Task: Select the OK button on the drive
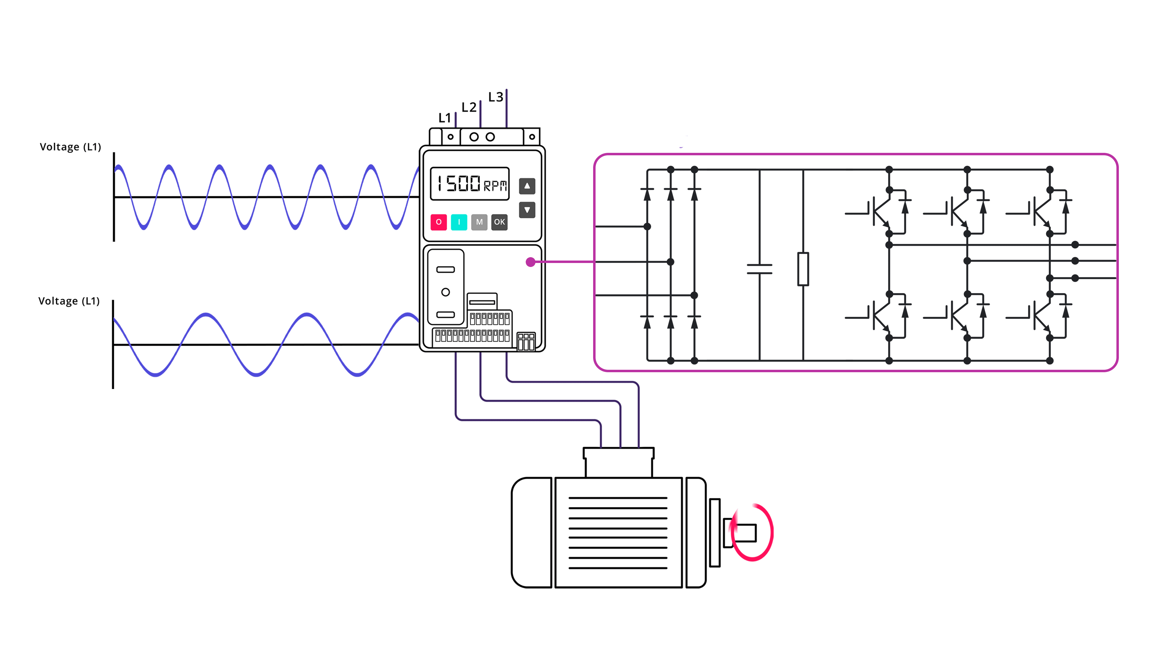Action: pyautogui.click(x=499, y=222)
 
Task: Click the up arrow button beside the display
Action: pyautogui.click(x=527, y=186)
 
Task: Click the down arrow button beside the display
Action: pyautogui.click(x=527, y=210)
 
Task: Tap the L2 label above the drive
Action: pyautogui.click(x=469, y=107)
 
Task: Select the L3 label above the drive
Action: pyautogui.click(x=496, y=97)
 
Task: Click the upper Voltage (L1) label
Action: pyautogui.click(x=70, y=147)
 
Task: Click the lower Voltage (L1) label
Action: pyautogui.click(x=69, y=301)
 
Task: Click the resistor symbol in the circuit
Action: pyautogui.click(x=803, y=269)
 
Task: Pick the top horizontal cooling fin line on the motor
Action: pyautogui.click(x=618, y=498)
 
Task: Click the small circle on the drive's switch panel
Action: pyautogui.click(x=446, y=292)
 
